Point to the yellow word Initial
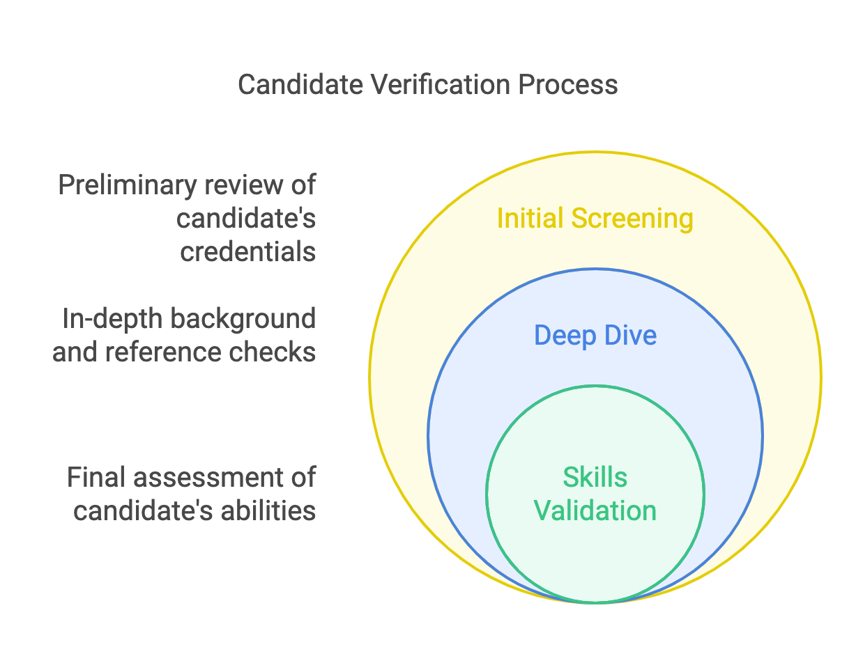coord(530,219)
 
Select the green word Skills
coord(595,478)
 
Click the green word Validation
coord(595,510)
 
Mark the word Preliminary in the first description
coord(130,185)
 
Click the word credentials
coord(248,251)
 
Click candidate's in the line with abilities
coord(144,510)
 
